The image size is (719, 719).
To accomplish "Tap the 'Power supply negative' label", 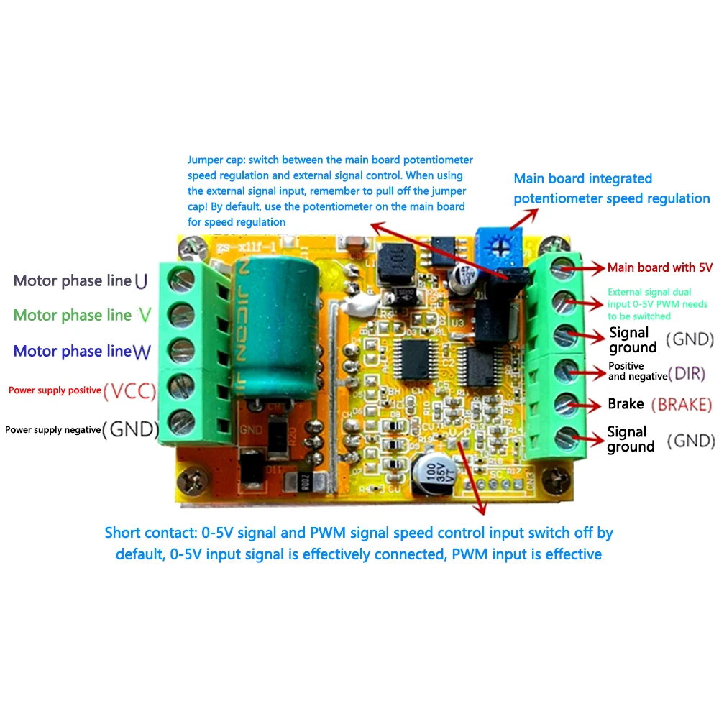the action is coord(52,429).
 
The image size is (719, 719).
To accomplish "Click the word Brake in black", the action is coord(626,404).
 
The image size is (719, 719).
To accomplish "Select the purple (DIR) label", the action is coord(687,372).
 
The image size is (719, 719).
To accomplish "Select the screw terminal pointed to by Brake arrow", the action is coord(564,403).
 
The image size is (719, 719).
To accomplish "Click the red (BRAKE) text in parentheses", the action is coord(681,404).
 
